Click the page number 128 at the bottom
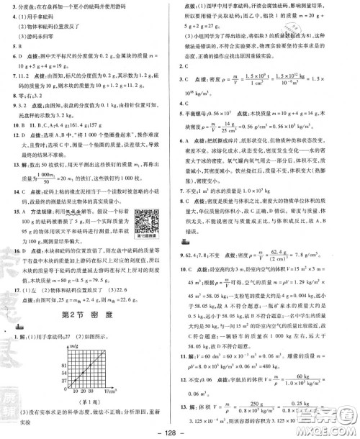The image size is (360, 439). tap(181, 431)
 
